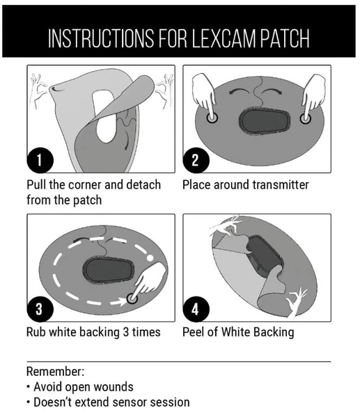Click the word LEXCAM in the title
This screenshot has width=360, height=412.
pos(224,38)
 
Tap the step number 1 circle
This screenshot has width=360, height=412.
pos(40,160)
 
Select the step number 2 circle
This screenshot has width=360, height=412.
pos(196,160)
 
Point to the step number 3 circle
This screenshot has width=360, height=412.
pos(40,309)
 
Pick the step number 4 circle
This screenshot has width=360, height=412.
pos(196,309)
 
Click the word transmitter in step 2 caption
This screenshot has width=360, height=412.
pos(281,184)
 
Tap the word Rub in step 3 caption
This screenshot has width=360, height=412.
pos(36,332)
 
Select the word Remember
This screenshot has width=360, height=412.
pos(56,372)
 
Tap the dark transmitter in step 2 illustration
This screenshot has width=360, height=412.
pos(265,120)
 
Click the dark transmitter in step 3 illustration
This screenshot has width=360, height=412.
pos(109,271)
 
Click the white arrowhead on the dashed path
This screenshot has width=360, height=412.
pos(122,301)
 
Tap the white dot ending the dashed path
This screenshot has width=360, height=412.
pos(150,257)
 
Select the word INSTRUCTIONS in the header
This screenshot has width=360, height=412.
pos(102,38)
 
